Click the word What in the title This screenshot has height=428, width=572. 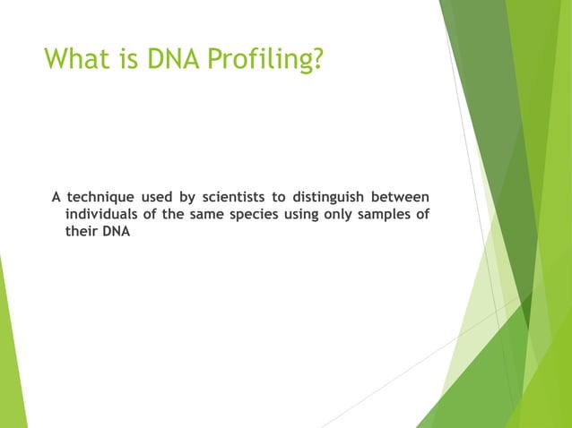click(77, 60)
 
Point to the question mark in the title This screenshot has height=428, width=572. click(316, 60)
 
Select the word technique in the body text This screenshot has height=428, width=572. click(101, 197)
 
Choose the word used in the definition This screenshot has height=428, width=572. click(163, 197)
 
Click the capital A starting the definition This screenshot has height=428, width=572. click(56, 197)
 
